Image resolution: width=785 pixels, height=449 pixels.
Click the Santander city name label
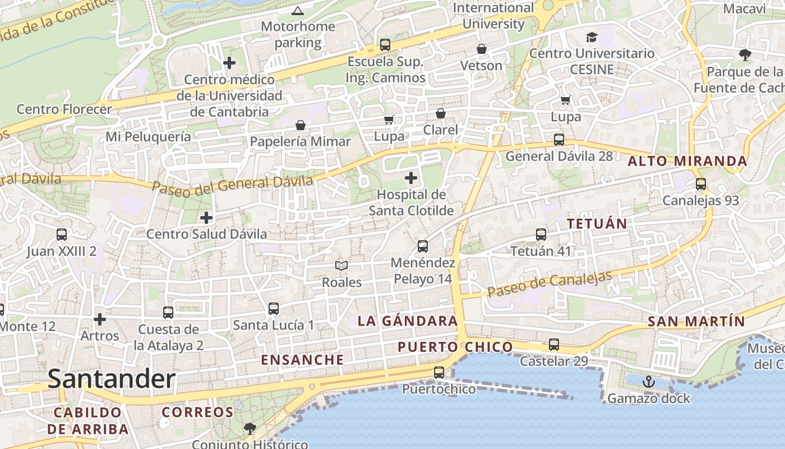pos(112,379)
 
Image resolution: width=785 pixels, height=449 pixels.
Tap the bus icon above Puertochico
pos(439,372)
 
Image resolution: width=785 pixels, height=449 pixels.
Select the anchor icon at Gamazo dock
pos(649,382)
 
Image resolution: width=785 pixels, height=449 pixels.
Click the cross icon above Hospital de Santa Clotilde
pos(411,178)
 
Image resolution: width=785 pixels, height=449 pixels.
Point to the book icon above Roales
pos(341,265)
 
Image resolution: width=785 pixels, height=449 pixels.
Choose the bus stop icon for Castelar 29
pos(554,345)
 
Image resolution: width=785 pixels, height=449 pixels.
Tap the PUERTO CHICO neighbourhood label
pos(455,347)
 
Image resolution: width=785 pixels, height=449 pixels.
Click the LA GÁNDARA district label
pos(408,321)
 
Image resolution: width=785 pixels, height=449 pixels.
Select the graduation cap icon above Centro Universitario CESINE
pos(592,38)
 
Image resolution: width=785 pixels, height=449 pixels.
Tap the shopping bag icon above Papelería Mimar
pos(301,125)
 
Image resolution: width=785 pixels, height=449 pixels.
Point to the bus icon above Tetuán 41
pos(541,235)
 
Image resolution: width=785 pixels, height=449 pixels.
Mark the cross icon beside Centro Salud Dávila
pos(206,217)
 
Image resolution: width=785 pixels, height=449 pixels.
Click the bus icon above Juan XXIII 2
pos(62,235)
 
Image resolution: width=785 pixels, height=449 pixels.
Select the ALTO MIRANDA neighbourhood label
pos(687,161)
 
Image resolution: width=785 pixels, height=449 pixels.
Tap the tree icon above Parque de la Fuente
pos(745,55)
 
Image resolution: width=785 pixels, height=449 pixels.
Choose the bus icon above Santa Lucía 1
pos(274,309)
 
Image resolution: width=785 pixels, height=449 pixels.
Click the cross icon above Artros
pos(100,319)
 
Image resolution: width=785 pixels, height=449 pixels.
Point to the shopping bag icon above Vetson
pos(481,49)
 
